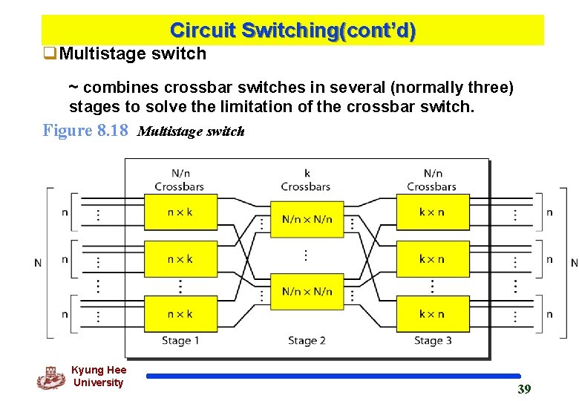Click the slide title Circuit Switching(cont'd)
point(292,30)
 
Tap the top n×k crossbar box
point(180,212)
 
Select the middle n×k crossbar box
point(180,259)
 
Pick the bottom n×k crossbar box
point(180,313)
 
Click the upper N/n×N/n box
point(307,219)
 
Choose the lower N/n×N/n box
point(307,291)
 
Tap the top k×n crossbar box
point(432,212)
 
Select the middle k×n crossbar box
point(432,259)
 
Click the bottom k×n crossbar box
point(432,313)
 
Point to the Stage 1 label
point(180,341)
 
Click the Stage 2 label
point(307,341)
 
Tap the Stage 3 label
point(433,341)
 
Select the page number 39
point(524,389)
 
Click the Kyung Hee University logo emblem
point(50,377)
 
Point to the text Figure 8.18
point(85,131)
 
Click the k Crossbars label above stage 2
point(307,180)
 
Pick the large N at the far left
point(38,262)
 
